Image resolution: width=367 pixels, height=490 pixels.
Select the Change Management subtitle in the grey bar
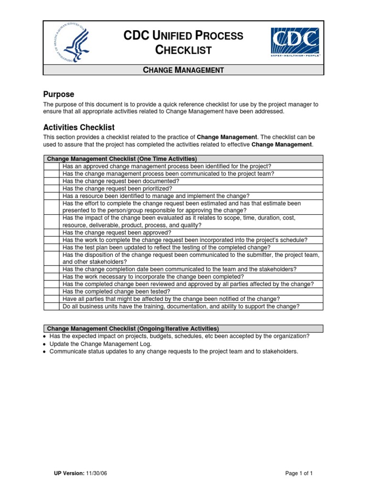click(x=183, y=70)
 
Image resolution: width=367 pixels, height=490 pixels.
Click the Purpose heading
click(x=58, y=94)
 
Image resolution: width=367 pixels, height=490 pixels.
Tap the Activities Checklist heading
click(x=79, y=127)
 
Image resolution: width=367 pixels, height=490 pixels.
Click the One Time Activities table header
click(x=121, y=159)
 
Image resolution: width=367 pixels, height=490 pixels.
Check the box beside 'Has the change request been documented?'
click(x=53, y=181)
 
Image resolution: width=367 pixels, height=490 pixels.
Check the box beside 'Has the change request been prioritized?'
click(x=53, y=189)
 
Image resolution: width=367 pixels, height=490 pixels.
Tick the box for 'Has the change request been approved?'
click(x=53, y=233)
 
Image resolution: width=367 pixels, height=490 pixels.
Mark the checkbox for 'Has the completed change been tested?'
click(x=53, y=291)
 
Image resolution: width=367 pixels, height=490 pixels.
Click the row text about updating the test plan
click(x=166, y=247)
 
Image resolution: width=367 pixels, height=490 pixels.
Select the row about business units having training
click(x=181, y=306)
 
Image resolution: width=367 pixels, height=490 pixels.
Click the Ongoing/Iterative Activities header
click(x=132, y=329)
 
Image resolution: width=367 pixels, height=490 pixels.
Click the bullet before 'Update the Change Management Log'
click(x=44, y=344)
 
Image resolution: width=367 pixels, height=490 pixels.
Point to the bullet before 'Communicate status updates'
click(x=44, y=352)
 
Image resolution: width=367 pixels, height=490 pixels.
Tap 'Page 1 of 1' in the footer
click(x=299, y=473)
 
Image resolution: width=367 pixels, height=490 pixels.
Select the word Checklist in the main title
click(x=183, y=50)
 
